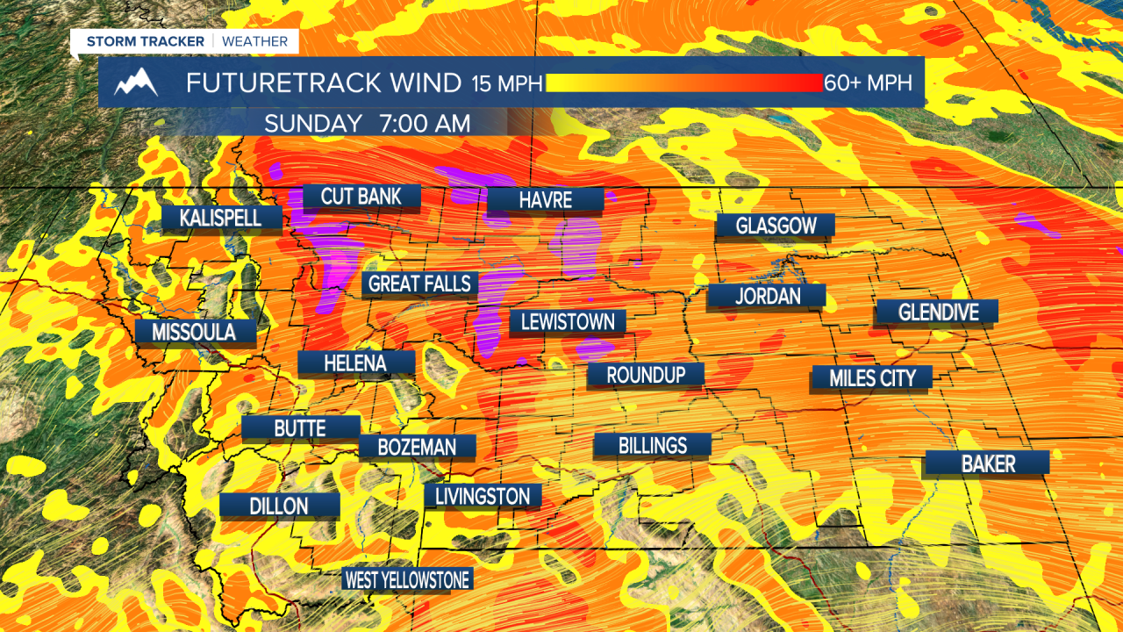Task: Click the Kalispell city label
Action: click(x=221, y=218)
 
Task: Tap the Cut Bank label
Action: click(x=361, y=196)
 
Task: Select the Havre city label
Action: click(x=545, y=200)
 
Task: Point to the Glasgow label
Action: click(x=776, y=226)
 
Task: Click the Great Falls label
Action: click(x=420, y=284)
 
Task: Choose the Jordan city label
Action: click(x=768, y=296)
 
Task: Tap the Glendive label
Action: click(x=937, y=312)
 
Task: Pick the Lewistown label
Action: click(x=568, y=321)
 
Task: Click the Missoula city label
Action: click(x=194, y=332)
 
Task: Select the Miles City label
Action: click(x=872, y=378)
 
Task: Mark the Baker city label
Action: click(x=988, y=463)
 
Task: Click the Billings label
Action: click(x=652, y=445)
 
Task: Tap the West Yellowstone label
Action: click(x=407, y=579)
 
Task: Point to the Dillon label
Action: click(x=279, y=506)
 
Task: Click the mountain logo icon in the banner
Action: click(x=136, y=83)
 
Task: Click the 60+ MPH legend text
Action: click(x=868, y=83)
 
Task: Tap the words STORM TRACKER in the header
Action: click(x=146, y=41)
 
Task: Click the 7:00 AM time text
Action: click(x=425, y=124)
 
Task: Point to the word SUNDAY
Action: click(x=313, y=124)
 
